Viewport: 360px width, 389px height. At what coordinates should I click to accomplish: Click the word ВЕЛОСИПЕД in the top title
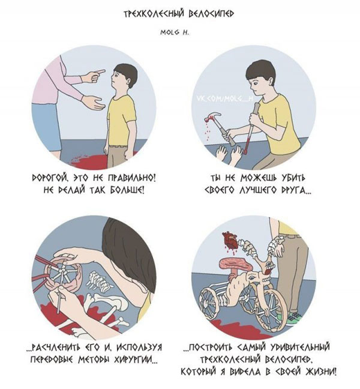pyautogui.click(x=211, y=14)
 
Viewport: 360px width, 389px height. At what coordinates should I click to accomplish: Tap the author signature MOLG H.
pyautogui.click(x=175, y=32)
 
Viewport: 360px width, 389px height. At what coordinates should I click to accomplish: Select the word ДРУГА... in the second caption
pyautogui.click(x=296, y=190)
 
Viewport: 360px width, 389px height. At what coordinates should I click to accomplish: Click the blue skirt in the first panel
pyautogui.click(x=47, y=127)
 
